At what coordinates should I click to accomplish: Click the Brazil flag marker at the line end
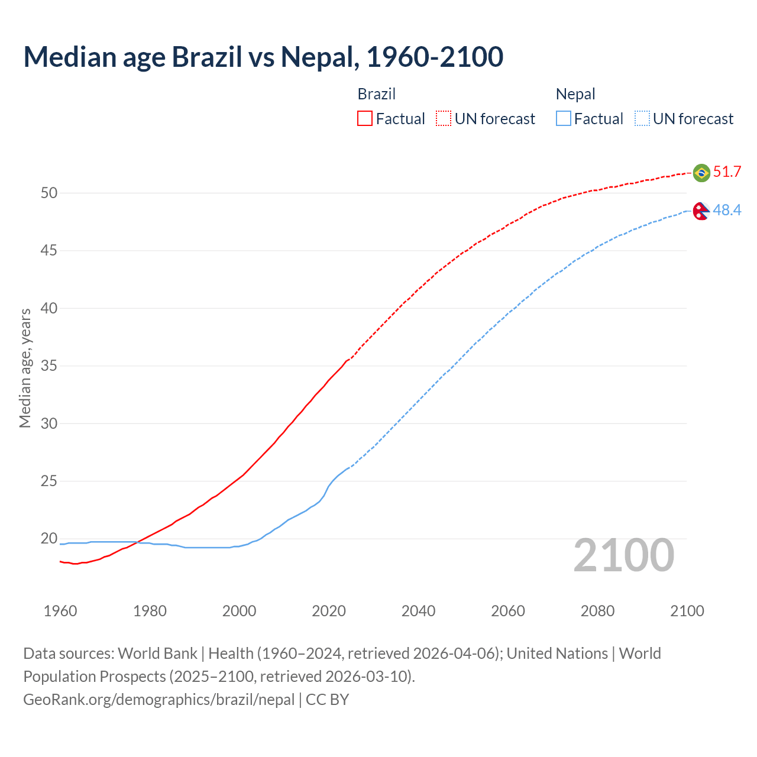(x=701, y=173)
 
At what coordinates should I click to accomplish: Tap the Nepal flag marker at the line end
(x=701, y=211)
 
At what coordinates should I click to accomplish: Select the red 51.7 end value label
(x=727, y=172)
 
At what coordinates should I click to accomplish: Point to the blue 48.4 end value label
(x=727, y=210)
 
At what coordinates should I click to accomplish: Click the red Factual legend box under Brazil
(x=365, y=119)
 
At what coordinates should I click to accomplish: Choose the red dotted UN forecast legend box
(x=444, y=119)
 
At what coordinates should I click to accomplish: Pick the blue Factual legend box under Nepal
(x=564, y=119)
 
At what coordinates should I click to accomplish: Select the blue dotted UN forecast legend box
(x=642, y=119)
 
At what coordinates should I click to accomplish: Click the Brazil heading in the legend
(x=376, y=94)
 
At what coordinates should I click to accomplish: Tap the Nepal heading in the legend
(x=575, y=94)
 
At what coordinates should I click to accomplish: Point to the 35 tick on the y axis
(x=49, y=366)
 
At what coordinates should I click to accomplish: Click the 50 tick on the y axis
(x=49, y=193)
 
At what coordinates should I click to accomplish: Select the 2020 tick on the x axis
(x=329, y=611)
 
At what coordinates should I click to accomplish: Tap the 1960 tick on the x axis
(x=60, y=611)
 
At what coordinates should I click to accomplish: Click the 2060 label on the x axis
(x=508, y=611)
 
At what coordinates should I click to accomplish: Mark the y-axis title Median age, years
(x=25, y=368)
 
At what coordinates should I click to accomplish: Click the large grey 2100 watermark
(x=623, y=555)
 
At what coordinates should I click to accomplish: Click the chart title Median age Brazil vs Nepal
(x=263, y=57)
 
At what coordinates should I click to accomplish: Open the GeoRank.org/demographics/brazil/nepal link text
(x=158, y=700)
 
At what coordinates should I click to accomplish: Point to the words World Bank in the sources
(x=157, y=654)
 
